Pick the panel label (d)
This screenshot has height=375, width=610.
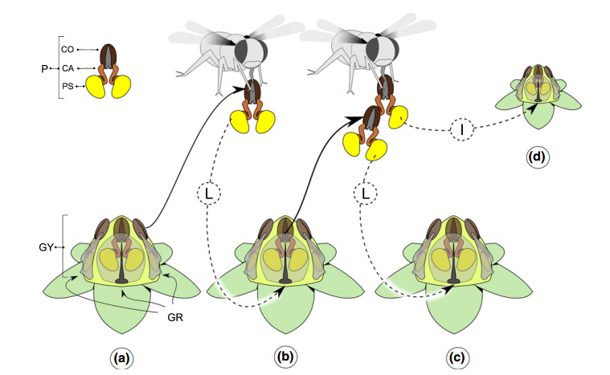click(x=536, y=157)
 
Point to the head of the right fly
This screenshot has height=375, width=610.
click(x=385, y=50)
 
